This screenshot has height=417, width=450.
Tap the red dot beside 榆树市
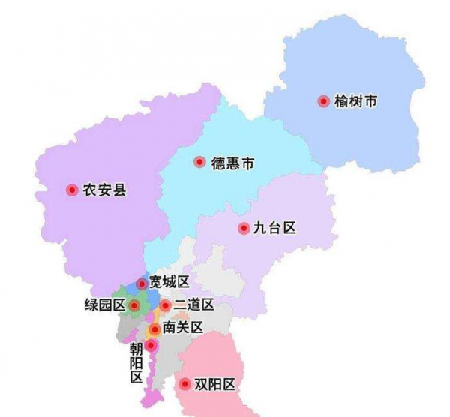pyautogui.click(x=323, y=101)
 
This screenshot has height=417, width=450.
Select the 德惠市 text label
pyautogui.click(x=232, y=162)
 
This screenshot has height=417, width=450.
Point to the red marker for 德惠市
pyautogui.click(x=199, y=162)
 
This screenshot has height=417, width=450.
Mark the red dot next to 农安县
pyautogui.click(x=72, y=190)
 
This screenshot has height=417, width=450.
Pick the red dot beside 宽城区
pyautogui.click(x=141, y=283)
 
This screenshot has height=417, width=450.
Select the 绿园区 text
pyautogui.click(x=104, y=306)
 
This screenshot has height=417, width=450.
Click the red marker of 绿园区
pyautogui.click(x=134, y=306)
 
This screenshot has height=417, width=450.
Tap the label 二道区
pyautogui.click(x=193, y=305)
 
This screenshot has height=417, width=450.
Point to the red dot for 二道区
pyautogui.click(x=165, y=305)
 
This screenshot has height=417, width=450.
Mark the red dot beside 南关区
pyautogui.click(x=154, y=329)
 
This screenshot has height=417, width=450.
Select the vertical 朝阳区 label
pyautogui.click(x=136, y=362)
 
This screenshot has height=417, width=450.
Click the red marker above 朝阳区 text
pyautogui.click(x=150, y=346)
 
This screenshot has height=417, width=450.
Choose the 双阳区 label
pyautogui.click(x=215, y=385)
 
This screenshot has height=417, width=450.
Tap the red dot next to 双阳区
pyautogui.click(x=184, y=385)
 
